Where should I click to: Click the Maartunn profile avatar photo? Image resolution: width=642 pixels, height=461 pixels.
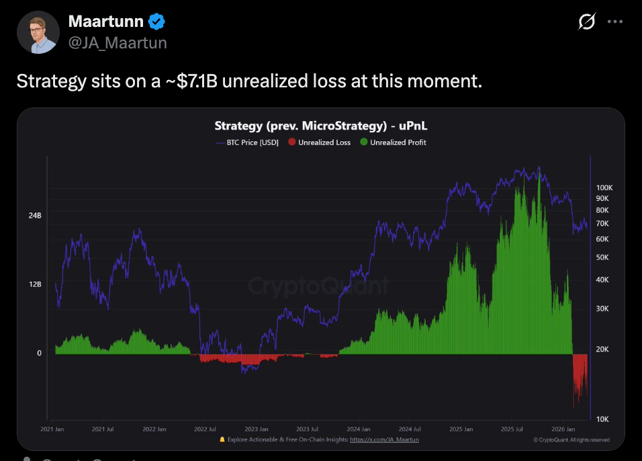coord(38,32)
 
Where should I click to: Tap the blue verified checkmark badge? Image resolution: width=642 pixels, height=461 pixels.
coord(156,22)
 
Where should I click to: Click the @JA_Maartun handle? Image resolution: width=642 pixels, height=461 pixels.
coord(118,42)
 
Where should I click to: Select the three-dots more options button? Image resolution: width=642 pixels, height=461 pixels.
coord(615,22)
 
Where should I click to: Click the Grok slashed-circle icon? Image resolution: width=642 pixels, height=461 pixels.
coord(586,22)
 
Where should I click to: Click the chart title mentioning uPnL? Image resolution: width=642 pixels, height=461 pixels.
coord(320,126)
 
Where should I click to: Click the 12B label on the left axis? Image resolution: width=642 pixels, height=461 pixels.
coord(35,284)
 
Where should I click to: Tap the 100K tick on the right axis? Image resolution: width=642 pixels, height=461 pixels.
coord(604,187)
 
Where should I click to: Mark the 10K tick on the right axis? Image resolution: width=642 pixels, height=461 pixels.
coord(602,419)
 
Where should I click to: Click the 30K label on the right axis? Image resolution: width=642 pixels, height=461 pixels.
coord(602,308)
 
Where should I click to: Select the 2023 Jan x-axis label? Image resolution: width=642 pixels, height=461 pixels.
coord(257,429)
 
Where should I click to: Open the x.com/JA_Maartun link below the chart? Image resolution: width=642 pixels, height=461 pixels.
coord(384,439)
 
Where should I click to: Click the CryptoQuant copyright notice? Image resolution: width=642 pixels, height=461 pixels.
coord(571,439)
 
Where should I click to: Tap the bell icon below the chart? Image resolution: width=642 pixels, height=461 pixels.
coord(222,439)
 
